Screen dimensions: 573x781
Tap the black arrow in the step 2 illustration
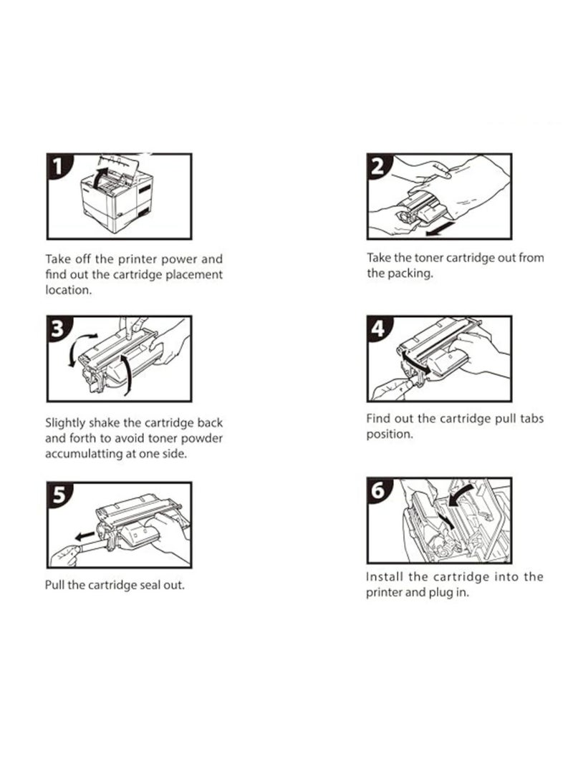[x=440, y=228]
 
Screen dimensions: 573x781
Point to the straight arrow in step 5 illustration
[x=85, y=536]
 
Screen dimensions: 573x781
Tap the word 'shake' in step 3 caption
[x=104, y=423]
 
